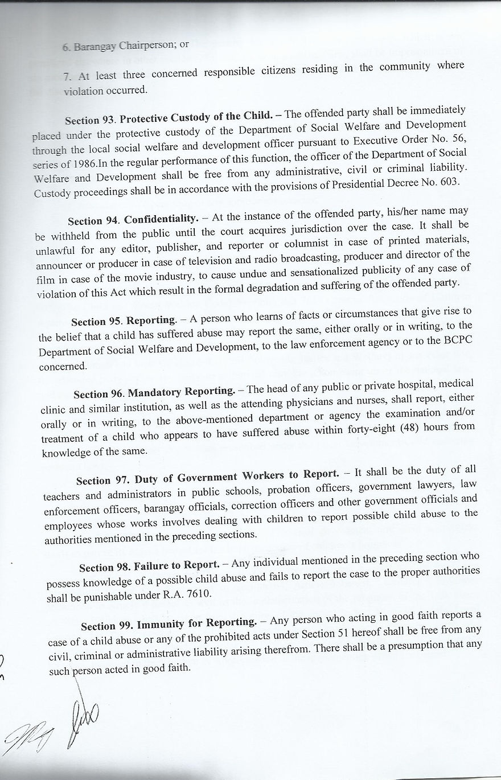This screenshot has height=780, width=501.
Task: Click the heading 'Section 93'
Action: pyautogui.click(x=90, y=121)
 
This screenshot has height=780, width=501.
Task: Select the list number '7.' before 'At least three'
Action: pyautogui.click(x=67, y=76)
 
